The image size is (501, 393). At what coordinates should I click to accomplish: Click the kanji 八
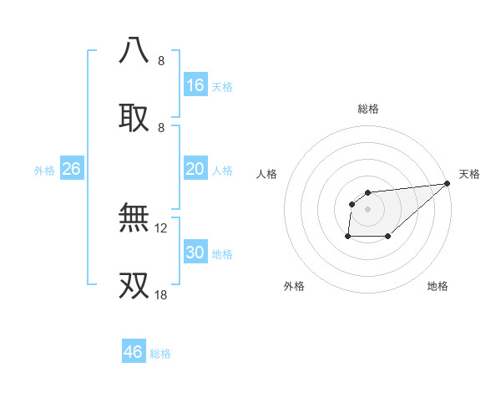134,50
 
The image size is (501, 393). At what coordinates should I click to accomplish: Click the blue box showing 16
195,85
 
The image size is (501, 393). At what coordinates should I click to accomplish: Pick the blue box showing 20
195,169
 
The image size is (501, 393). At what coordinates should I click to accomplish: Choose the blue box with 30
195,253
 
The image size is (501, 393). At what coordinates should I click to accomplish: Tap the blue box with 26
72,169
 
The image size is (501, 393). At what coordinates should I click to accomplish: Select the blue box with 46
134,352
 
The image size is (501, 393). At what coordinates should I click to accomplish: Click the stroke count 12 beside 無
161,227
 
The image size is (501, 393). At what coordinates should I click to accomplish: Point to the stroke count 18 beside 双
161,294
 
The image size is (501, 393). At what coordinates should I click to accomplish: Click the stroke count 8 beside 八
161,61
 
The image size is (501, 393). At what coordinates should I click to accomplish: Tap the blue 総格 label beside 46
160,354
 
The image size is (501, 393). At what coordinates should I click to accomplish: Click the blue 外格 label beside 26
44,171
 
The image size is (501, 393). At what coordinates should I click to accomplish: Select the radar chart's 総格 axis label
368,109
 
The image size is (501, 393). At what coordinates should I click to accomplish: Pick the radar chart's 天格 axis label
469,174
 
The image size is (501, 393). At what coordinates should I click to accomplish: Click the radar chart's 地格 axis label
438,287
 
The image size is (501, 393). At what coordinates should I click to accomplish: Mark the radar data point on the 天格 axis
447,183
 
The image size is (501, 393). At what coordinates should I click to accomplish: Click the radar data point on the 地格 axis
388,237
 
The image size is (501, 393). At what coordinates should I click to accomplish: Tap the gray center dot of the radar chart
368,209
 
